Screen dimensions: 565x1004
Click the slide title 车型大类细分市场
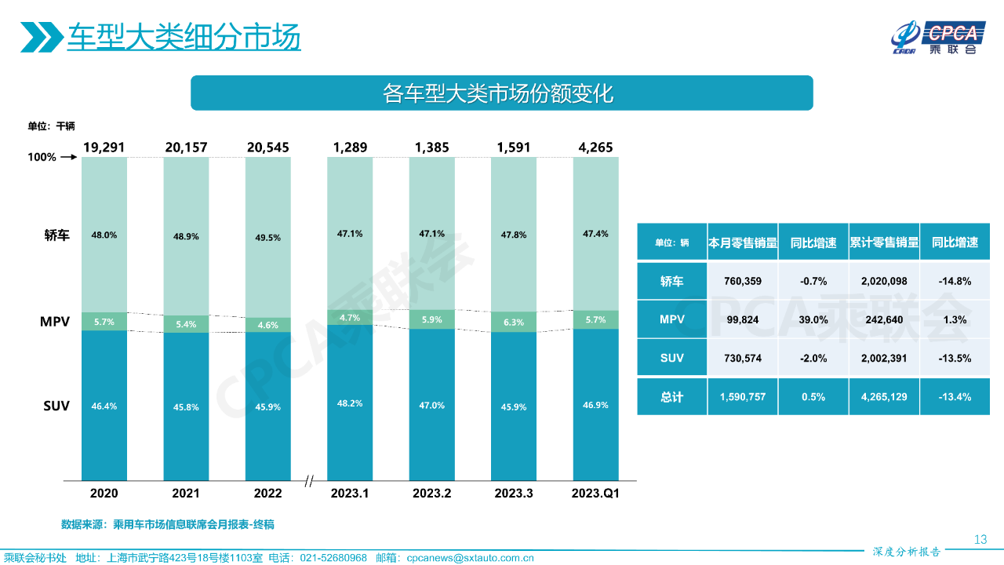tap(184, 37)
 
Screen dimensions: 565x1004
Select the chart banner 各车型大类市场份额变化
tap(501, 93)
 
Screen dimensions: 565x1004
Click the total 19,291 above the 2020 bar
tap(104, 147)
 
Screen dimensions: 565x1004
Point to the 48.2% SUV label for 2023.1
tap(350, 403)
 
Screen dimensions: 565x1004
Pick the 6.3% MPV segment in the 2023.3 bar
tap(514, 322)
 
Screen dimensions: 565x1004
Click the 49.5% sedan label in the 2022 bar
tap(268, 238)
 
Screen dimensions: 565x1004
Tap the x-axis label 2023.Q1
tap(595, 494)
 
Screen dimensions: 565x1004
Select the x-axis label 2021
tap(186, 494)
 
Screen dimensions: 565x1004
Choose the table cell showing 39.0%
tap(813, 319)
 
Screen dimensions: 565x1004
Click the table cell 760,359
tap(742, 281)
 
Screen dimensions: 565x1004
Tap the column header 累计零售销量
tap(883, 243)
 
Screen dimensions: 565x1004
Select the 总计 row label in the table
tap(671, 397)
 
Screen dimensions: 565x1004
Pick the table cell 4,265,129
tap(883, 397)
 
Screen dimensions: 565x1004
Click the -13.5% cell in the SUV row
tap(955, 358)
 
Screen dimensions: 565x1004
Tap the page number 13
tap(980, 539)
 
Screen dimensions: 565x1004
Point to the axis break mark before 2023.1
tap(309, 480)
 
